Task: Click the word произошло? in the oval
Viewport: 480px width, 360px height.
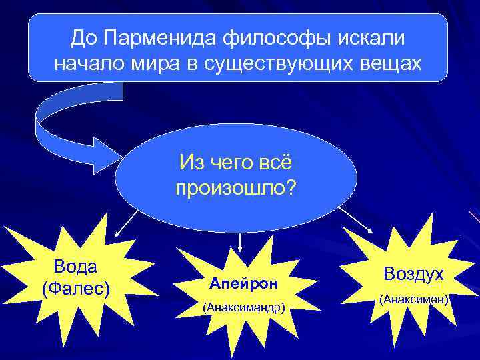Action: [x=236, y=188]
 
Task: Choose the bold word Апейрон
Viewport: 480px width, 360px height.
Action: [x=238, y=283]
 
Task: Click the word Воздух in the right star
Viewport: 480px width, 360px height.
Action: [x=413, y=275]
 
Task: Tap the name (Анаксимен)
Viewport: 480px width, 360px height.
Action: [x=413, y=301]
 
